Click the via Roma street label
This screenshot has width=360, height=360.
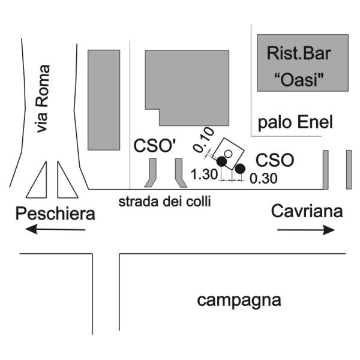click(43, 99)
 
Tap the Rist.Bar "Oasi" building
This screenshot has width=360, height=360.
click(302, 63)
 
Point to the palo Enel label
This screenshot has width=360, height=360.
click(295, 122)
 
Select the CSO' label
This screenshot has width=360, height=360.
click(155, 146)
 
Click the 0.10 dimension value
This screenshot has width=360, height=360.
click(203, 140)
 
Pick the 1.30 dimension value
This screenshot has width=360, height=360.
click(205, 174)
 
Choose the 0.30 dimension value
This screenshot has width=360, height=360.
click(263, 178)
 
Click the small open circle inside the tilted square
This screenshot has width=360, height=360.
click(228, 154)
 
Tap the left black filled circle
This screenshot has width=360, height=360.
click(222, 161)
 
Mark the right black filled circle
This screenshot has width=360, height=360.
click(240, 169)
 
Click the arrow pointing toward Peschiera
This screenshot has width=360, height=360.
click(55, 229)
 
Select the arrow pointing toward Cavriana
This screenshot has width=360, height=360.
click(306, 230)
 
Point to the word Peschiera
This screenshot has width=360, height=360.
click(55, 214)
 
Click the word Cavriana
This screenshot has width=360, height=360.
click(307, 211)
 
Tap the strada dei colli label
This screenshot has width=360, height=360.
click(164, 202)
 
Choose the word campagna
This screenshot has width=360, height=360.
click(239, 301)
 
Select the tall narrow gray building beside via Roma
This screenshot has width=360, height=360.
click(104, 100)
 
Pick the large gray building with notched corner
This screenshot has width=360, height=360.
click(187, 85)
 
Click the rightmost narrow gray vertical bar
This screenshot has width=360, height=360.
click(349, 170)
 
